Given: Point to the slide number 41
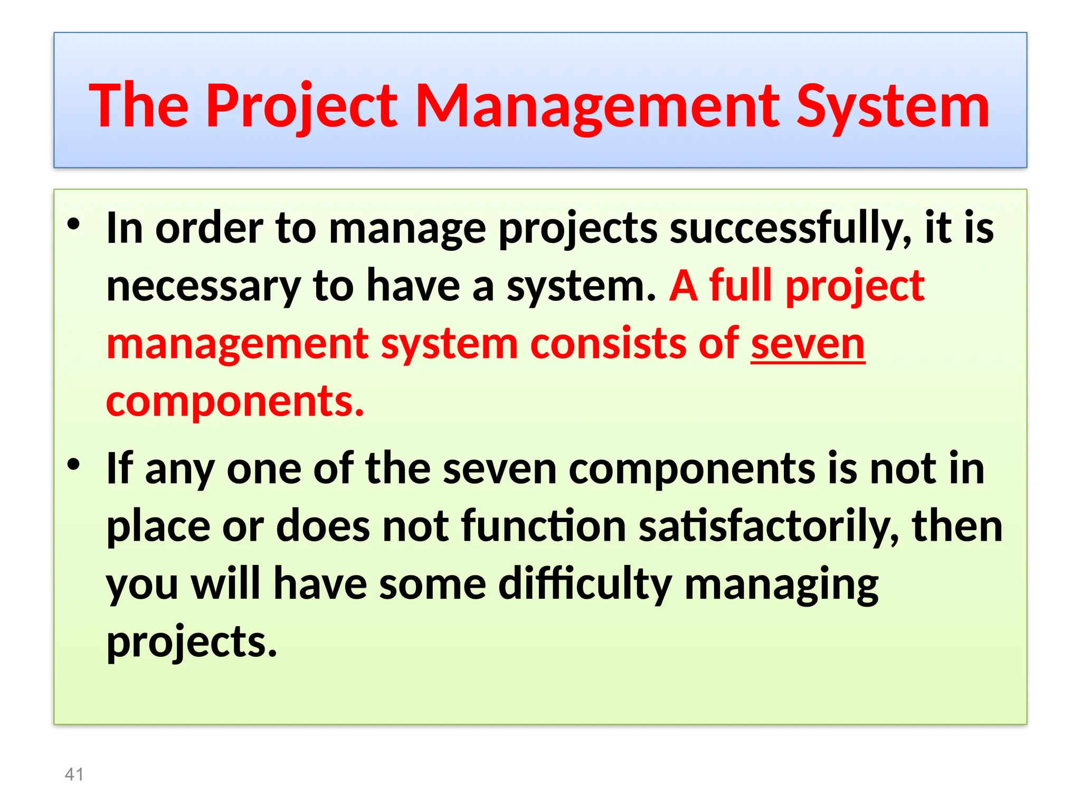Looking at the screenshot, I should (x=74, y=774).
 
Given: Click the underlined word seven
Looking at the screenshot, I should (x=808, y=344).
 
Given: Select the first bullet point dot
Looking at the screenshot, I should (x=73, y=224).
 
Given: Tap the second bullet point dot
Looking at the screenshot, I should (x=73, y=465).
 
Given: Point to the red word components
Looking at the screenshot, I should (x=235, y=401).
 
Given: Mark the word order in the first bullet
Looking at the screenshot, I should (x=209, y=229).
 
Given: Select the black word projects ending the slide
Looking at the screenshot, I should (x=191, y=642).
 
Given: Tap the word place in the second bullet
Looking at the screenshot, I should (x=157, y=527).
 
